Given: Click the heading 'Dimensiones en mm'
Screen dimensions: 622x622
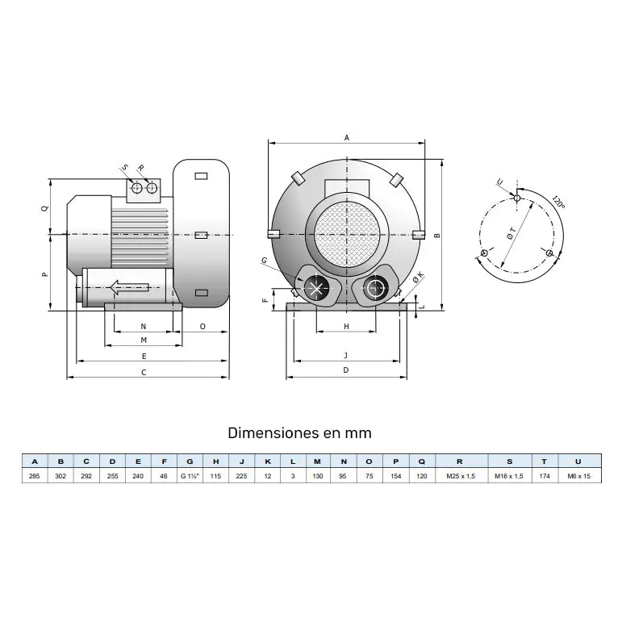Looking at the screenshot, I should click(x=299, y=433).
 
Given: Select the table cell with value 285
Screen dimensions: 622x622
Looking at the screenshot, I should click(x=34, y=477).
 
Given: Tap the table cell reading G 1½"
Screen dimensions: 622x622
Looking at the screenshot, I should click(x=190, y=477).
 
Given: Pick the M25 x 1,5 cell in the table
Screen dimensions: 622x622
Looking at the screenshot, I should click(x=460, y=477).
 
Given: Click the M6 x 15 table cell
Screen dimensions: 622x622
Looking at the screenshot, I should click(x=578, y=477).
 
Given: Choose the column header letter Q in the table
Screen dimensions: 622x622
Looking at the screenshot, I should click(x=422, y=461).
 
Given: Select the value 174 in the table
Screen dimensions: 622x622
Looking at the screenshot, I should click(x=545, y=477).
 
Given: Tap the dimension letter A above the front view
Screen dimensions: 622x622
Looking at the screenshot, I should click(x=347, y=138).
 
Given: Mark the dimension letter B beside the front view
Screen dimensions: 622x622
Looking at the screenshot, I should click(x=436, y=236).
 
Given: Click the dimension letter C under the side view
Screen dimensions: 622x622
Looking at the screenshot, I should click(x=144, y=372).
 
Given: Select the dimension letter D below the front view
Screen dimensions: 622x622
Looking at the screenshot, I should click(x=345, y=370).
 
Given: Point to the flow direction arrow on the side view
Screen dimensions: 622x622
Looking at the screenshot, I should click(x=129, y=287).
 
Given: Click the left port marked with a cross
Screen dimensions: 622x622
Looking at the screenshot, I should click(x=315, y=288).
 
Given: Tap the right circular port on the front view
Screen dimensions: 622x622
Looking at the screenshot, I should click(x=376, y=287).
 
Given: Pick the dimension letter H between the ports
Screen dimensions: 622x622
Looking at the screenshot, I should click(x=346, y=327).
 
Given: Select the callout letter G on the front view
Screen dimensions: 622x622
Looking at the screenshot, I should click(x=264, y=260).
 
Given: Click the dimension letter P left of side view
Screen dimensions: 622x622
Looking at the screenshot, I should click(x=45, y=273).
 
